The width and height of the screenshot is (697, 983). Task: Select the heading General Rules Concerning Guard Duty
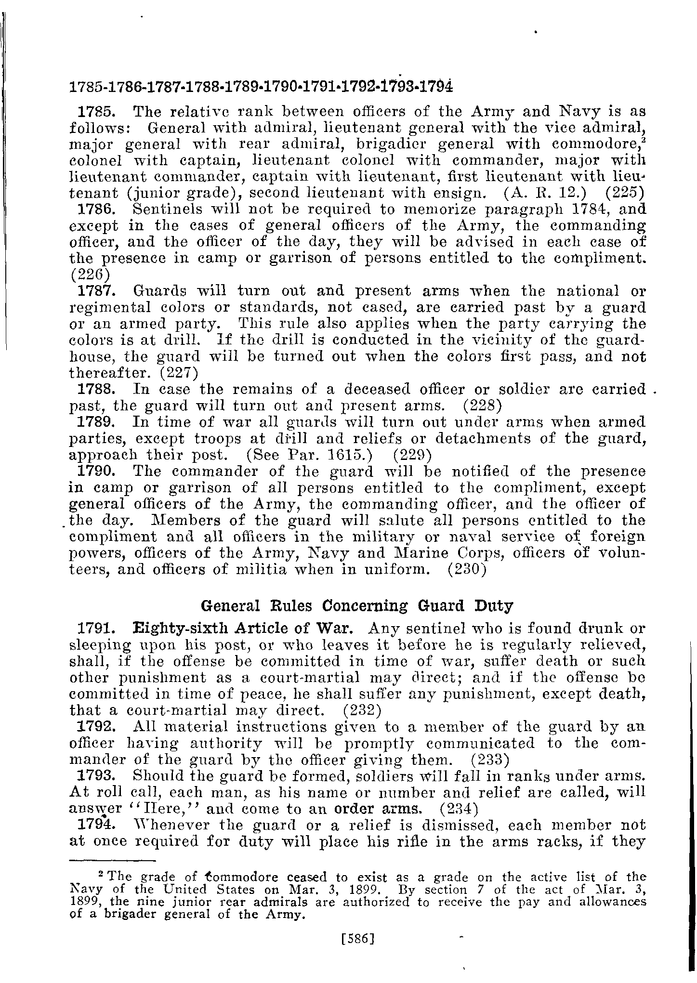tap(356, 605)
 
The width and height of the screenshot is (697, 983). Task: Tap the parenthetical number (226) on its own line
tap(90, 275)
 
